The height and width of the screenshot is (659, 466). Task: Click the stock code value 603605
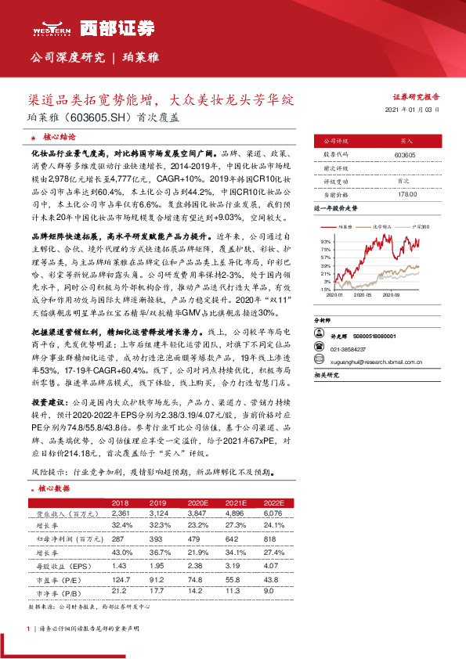(405, 156)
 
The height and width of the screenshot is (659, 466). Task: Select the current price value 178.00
(405, 194)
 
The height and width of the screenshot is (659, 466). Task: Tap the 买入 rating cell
(405, 142)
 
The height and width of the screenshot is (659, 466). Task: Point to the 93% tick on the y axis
(325, 242)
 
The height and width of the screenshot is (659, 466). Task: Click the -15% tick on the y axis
(325, 289)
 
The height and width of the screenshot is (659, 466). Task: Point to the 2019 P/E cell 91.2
(157, 579)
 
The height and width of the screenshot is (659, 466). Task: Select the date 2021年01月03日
(414, 111)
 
